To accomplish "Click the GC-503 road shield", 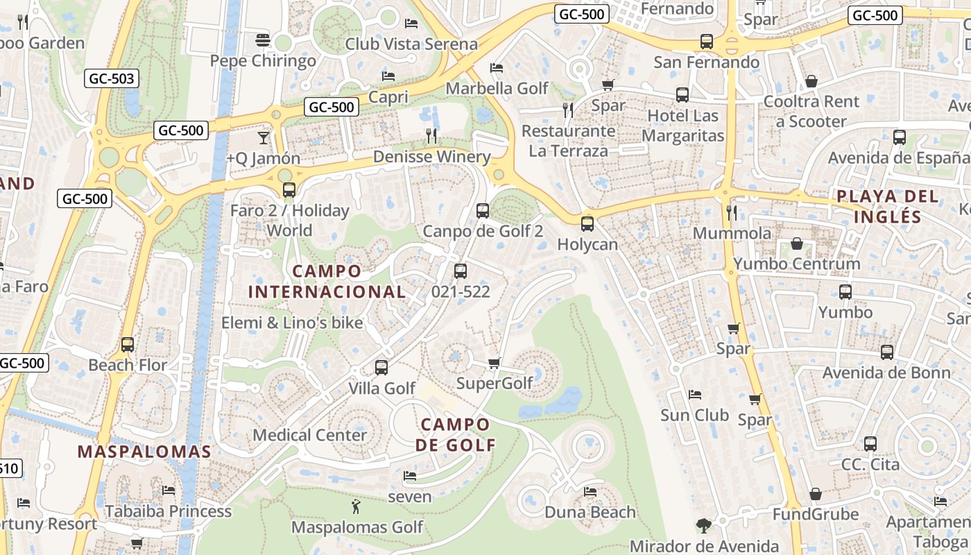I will coord(112,78).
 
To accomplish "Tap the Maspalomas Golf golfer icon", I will coord(356,506).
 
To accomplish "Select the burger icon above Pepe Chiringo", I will coord(263,40).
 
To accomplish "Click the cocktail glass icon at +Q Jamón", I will coord(263,137).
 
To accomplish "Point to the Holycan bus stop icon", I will coord(587,224).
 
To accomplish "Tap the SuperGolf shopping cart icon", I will coord(495,363).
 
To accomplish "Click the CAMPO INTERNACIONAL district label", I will coord(327,281).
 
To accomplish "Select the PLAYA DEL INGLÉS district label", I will coord(887,205).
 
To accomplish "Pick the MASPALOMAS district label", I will coord(144,452).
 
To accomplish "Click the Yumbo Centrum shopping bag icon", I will coord(797,244).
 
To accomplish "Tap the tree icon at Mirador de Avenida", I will coord(704,526).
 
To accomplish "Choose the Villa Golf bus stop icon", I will coord(381,368).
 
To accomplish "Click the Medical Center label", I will coord(309,435).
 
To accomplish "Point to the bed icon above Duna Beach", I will coord(590,492).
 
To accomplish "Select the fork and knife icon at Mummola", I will coord(732,212).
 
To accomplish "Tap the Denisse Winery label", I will coord(431,157).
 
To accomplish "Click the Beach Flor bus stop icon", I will coord(128,345).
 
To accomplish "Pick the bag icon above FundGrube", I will coord(816,494).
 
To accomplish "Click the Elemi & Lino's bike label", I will coord(292,323).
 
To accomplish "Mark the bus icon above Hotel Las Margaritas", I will coord(682,95).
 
